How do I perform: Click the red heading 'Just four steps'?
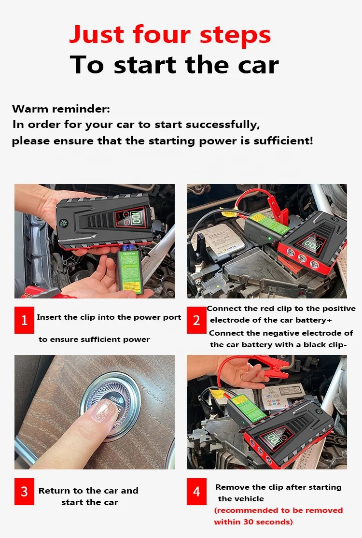[170, 35]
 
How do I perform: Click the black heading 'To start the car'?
[174, 65]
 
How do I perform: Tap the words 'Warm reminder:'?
[61, 109]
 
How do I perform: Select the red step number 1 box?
[24, 320]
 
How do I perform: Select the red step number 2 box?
[196, 320]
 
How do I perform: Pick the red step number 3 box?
[24, 491]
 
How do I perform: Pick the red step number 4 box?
[196, 491]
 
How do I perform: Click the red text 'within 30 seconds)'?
[253, 522]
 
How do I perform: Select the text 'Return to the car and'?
[88, 491]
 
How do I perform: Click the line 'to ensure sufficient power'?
[94, 340]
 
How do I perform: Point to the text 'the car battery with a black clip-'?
[278, 345]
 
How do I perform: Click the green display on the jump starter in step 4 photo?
[274, 439]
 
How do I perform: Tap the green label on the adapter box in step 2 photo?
[271, 224]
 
